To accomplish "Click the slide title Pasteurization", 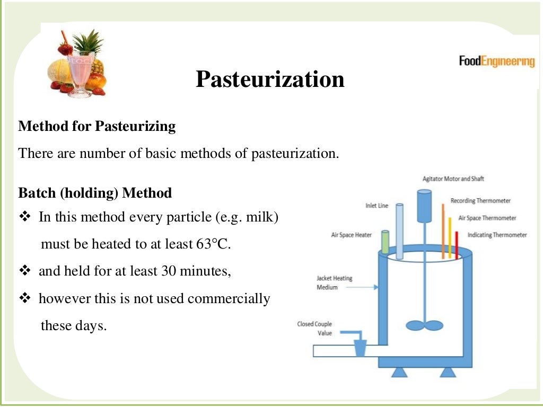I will tap(270, 79).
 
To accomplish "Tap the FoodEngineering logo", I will tap(496, 61).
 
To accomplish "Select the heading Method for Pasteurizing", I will tap(97, 127).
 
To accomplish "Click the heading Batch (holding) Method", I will tap(95, 193).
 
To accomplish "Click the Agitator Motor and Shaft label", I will tap(453, 179).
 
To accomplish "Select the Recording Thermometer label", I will tap(480, 201).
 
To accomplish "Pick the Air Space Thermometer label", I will tap(487, 218).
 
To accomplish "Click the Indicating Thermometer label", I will tap(497, 235).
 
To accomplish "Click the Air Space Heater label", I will tap(351, 235).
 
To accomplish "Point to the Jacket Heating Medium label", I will tap(334, 282).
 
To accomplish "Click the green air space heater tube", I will tap(386, 242).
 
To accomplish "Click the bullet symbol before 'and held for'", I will tap(25, 271).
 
